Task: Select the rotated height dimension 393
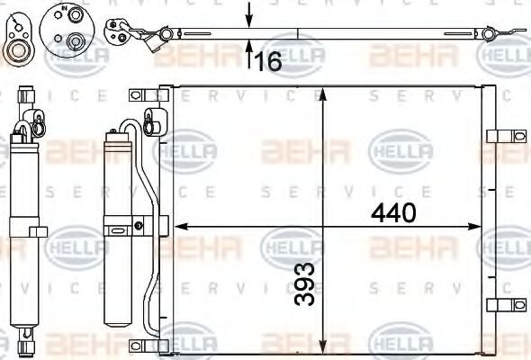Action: (307, 284)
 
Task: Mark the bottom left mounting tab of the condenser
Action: (140, 345)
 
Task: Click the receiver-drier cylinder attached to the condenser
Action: (117, 229)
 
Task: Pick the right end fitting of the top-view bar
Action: (490, 33)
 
